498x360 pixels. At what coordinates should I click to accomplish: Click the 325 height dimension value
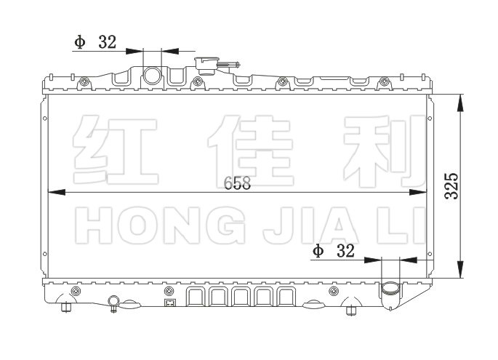(x=451, y=188)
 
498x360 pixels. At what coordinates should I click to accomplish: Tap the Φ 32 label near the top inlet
(x=95, y=41)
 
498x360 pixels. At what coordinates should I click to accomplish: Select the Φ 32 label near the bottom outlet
(x=334, y=252)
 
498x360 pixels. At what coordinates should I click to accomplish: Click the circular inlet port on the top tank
(x=153, y=75)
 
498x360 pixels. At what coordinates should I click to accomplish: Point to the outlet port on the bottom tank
(x=390, y=290)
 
